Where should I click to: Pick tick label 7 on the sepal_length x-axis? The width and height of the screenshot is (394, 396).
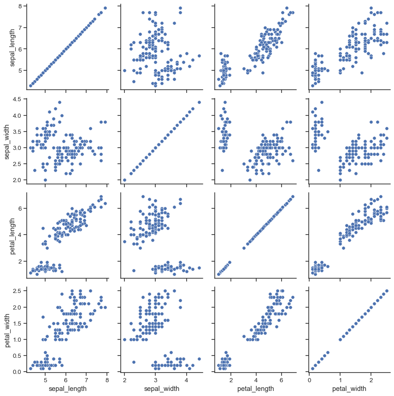click(86, 380)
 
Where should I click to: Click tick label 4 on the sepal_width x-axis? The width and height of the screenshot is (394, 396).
click(186, 380)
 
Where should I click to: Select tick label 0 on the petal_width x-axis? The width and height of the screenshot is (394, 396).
click(309, 380)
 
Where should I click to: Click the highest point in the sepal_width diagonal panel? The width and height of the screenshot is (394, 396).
click(199, 102)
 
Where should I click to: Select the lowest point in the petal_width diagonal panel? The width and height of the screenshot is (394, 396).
click(312, 368)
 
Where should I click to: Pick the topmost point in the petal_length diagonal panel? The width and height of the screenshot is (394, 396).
click(293, 196)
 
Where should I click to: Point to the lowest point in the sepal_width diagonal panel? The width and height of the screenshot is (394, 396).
click(124, 180)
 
